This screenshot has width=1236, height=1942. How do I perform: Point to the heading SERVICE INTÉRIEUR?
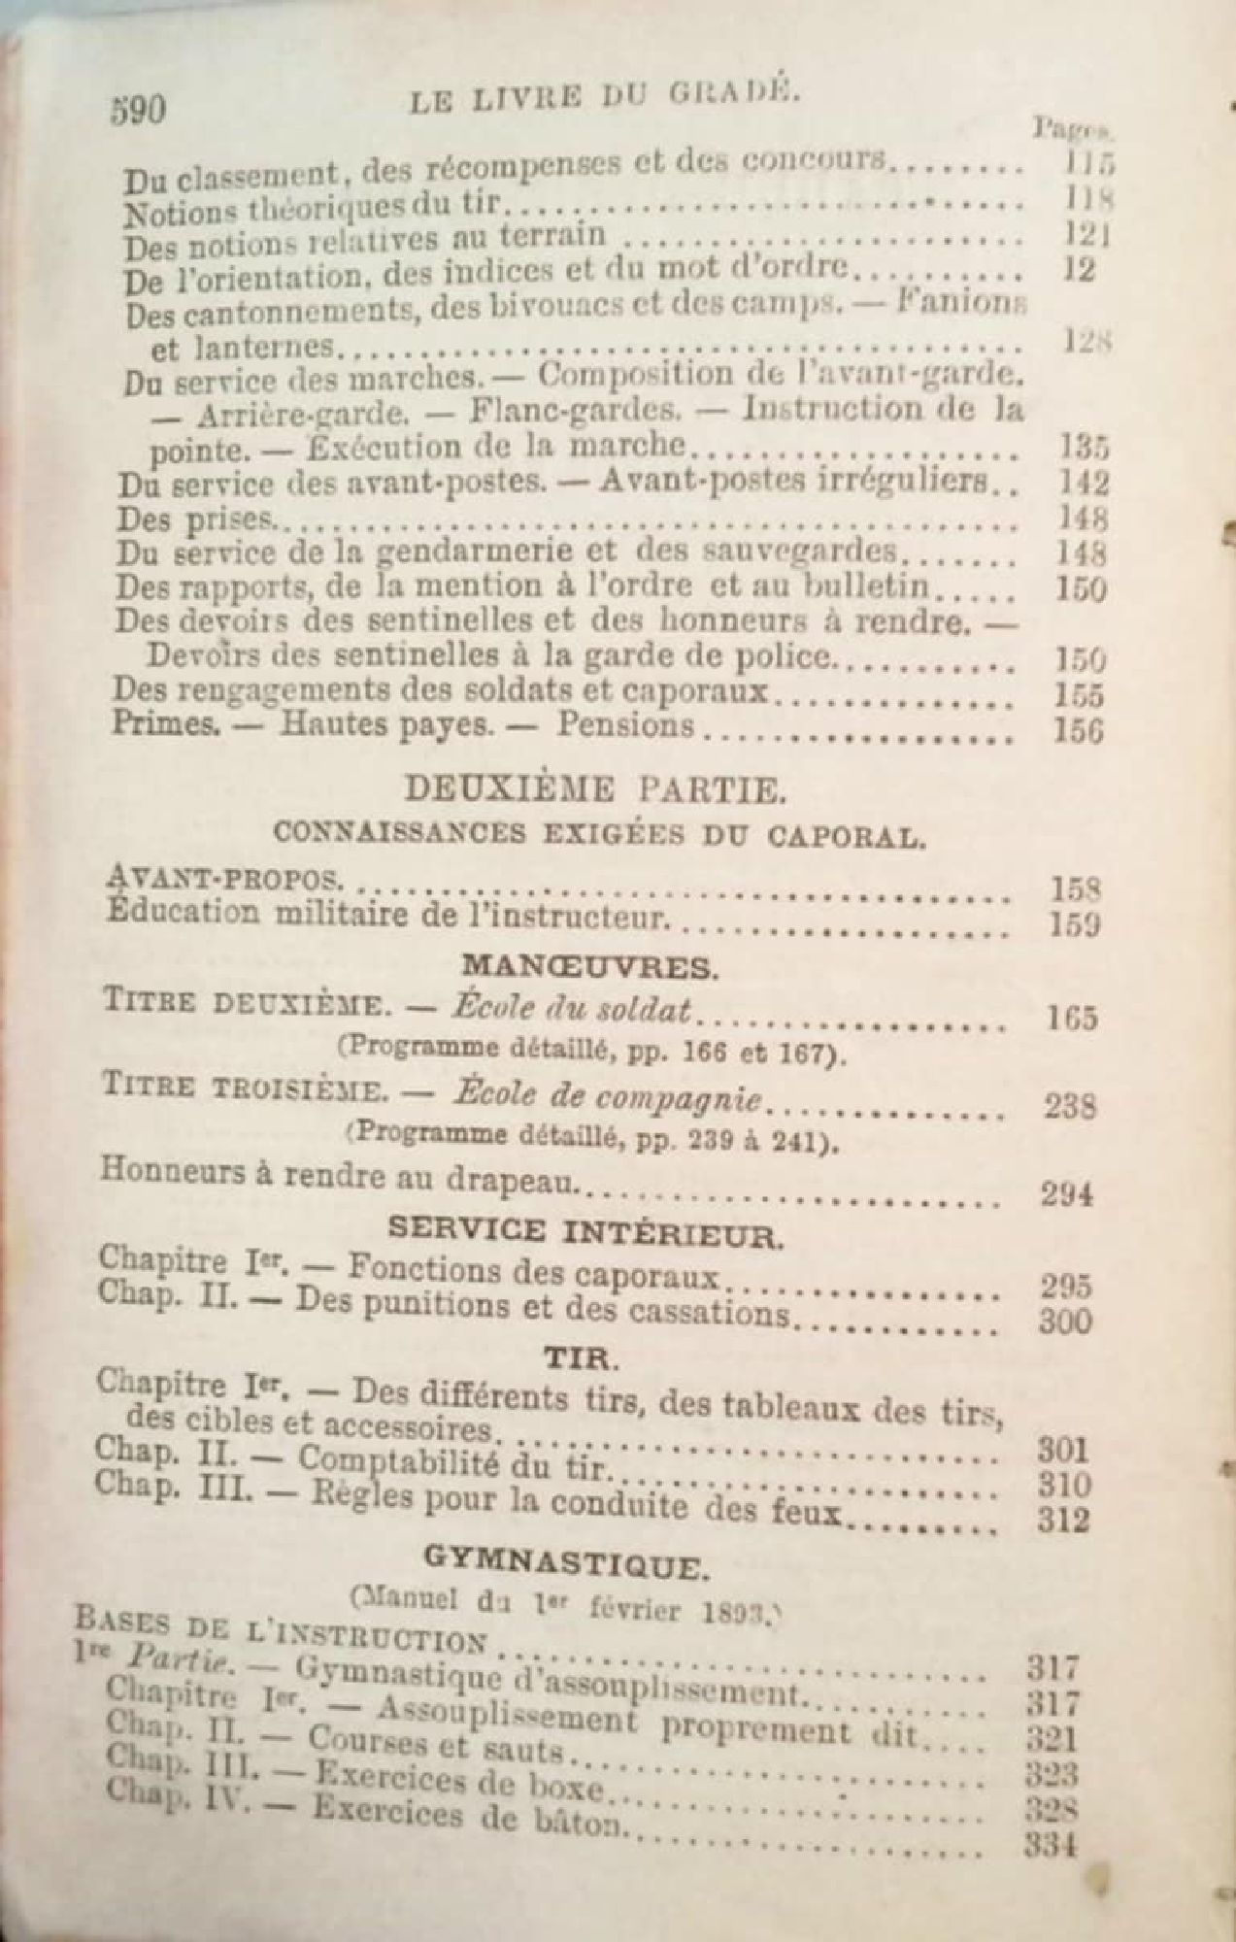pyautogui.click(x=585, y=1233)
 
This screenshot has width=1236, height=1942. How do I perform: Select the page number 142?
pyautogui.click(x=1081, y=484)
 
